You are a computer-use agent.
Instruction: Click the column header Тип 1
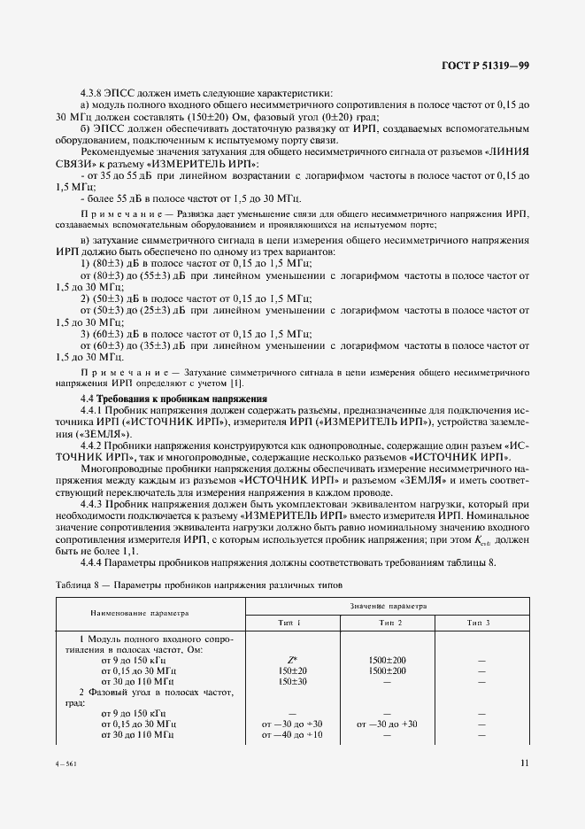(289, 623)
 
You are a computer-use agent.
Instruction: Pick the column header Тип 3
(478, 623)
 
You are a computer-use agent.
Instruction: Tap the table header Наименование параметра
(139, 613)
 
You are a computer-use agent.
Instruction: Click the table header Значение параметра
(386, 607)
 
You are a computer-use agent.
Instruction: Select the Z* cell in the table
(292, 660)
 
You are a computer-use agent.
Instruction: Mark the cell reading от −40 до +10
(292, 735)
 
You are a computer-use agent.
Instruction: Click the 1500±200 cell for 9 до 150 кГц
(386, 660)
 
